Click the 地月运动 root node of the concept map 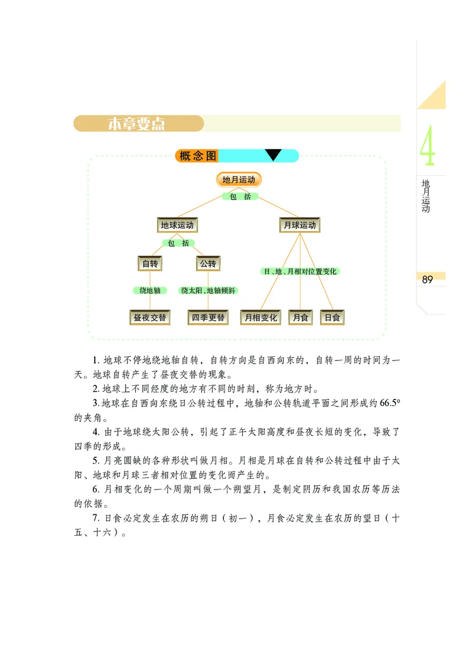click(238, 180)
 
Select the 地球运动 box click(178, 225)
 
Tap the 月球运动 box click(300, 225)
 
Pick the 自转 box click(150, 264)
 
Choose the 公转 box click(207, 264)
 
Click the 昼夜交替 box click(150, 318)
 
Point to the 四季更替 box click(208, 318)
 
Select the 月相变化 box click(261, 318)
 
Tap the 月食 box click(300, 318)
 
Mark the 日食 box click(332, 318)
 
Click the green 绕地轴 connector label click(150, 291)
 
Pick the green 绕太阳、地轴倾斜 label click(209, 291)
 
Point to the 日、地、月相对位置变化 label click(300, 271)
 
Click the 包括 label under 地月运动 click(240, 197)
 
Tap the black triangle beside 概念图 click(273, 155)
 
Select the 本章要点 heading click(137, 124)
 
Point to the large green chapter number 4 click(427, 147)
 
